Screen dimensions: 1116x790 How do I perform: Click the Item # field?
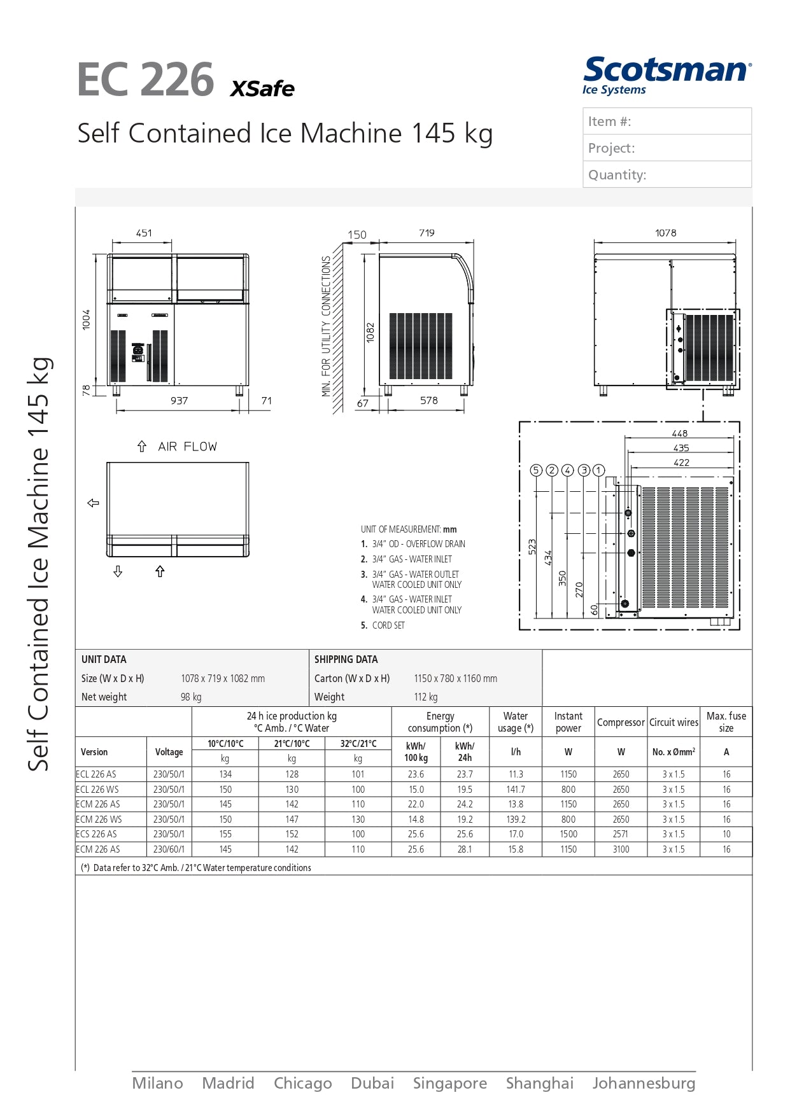click(667, 122)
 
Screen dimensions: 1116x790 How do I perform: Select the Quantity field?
click(667, 175)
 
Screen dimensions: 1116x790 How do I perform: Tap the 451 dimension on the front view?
click(144, 234)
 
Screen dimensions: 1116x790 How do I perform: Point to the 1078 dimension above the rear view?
click(665, 234)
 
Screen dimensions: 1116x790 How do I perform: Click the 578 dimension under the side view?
click(428, 401)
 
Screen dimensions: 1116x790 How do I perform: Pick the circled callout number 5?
click(536, 470)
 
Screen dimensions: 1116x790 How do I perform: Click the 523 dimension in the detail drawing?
click(532, 547)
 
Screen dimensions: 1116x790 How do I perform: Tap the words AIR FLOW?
click(187, 447)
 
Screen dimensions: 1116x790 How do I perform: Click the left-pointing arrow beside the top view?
click(94, 503)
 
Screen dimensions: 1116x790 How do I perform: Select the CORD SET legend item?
click(388, 625)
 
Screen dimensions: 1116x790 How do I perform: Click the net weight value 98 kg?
click(191, 697)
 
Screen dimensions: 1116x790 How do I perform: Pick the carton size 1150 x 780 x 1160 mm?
click(455, 679)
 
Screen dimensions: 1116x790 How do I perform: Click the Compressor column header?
click(621, 723)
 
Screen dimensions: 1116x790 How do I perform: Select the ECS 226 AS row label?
click(97, 834)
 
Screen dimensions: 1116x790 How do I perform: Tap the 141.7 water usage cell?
click(516, 790)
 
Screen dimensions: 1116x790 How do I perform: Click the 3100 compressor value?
click(621, 849)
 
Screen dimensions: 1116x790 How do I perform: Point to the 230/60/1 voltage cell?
click(169, 849)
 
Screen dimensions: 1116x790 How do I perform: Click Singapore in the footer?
click(449, 1084)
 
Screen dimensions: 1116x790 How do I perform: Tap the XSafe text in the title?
click(262, 88)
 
